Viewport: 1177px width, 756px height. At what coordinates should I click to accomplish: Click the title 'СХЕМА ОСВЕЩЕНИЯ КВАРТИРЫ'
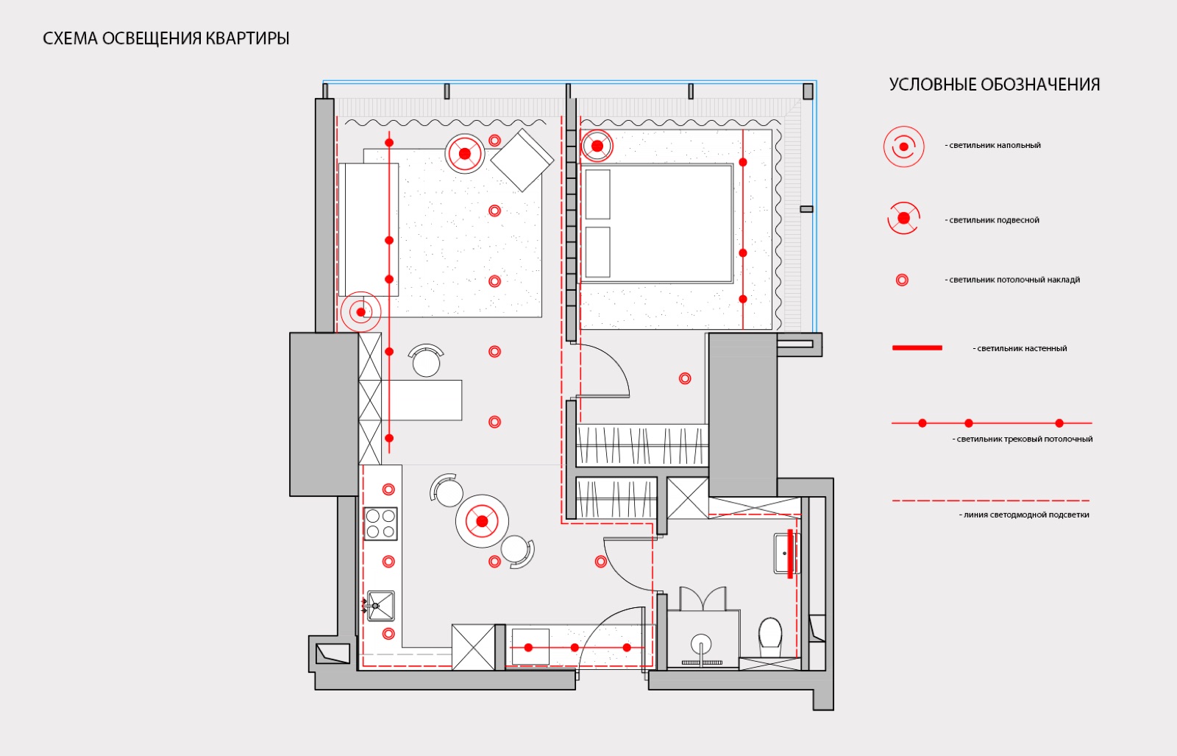pos(166,38)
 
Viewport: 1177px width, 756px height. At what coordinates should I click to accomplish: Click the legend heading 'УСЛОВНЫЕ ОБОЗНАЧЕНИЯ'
pos(994,85)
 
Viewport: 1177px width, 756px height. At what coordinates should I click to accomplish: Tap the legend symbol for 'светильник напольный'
pos(904,146)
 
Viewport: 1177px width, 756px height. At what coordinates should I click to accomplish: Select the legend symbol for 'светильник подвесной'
pos(904,218)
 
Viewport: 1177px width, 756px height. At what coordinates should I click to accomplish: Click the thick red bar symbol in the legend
pos(917,348)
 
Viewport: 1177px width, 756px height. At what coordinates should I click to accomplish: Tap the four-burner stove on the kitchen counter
pos(380,523)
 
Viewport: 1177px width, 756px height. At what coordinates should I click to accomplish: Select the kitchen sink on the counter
pos(380,606)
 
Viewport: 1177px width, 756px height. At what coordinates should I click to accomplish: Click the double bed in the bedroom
pos(657,224)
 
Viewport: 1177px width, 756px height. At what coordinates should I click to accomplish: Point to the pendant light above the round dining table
pos(482,521)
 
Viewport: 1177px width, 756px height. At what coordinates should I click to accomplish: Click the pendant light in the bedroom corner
pos(597,146)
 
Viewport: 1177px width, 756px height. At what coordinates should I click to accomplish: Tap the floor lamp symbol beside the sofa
pos(361,312)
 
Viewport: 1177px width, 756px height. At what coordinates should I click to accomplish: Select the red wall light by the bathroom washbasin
pos(790,554)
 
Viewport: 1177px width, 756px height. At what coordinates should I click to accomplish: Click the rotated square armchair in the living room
pos(522,160)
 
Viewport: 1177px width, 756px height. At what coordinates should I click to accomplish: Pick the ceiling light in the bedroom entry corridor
pos(685,378)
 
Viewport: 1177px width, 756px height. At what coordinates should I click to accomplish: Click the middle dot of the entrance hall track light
pos(575,648)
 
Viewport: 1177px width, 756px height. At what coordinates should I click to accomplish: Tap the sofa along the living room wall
pos(369,230)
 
